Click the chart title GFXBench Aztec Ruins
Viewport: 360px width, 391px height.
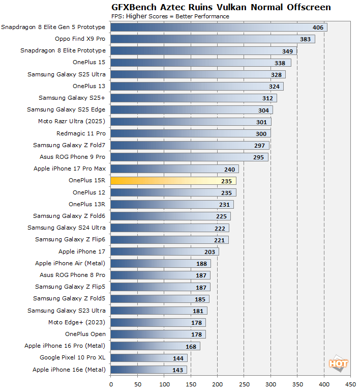[x=221, y=7]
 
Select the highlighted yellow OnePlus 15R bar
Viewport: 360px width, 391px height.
[x=173, y=181]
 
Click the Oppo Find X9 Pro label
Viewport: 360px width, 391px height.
[x=80, y=39]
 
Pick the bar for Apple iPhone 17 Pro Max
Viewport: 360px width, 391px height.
[x=174, y=169]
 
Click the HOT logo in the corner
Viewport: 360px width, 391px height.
[x=339, y=364]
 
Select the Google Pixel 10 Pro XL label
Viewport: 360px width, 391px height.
[x=73, y=358]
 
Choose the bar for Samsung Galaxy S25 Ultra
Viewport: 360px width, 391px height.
[x=198, y=74]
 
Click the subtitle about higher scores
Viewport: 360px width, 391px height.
[x=170, y=16]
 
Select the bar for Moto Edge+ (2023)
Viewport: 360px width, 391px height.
[x=158, y=322]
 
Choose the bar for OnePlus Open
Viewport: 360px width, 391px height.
[x=158, y=334]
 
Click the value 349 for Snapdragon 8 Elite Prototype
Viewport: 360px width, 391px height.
[x=288, y=51]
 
